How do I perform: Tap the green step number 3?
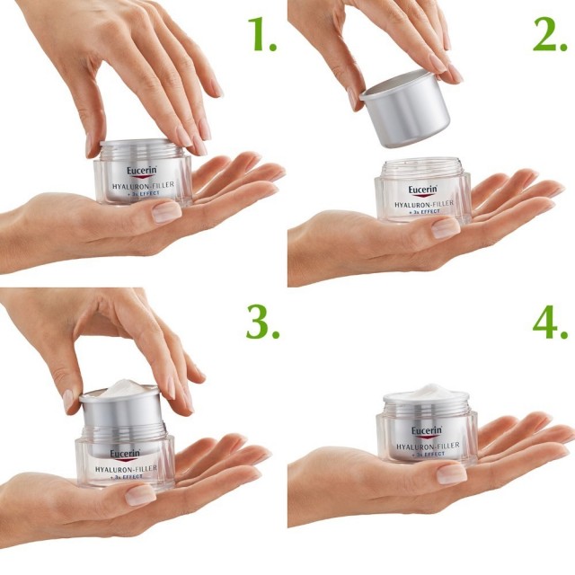261,321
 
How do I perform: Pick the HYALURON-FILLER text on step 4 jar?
429,446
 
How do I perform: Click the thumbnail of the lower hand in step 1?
165,212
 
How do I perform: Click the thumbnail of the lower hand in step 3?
140,494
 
